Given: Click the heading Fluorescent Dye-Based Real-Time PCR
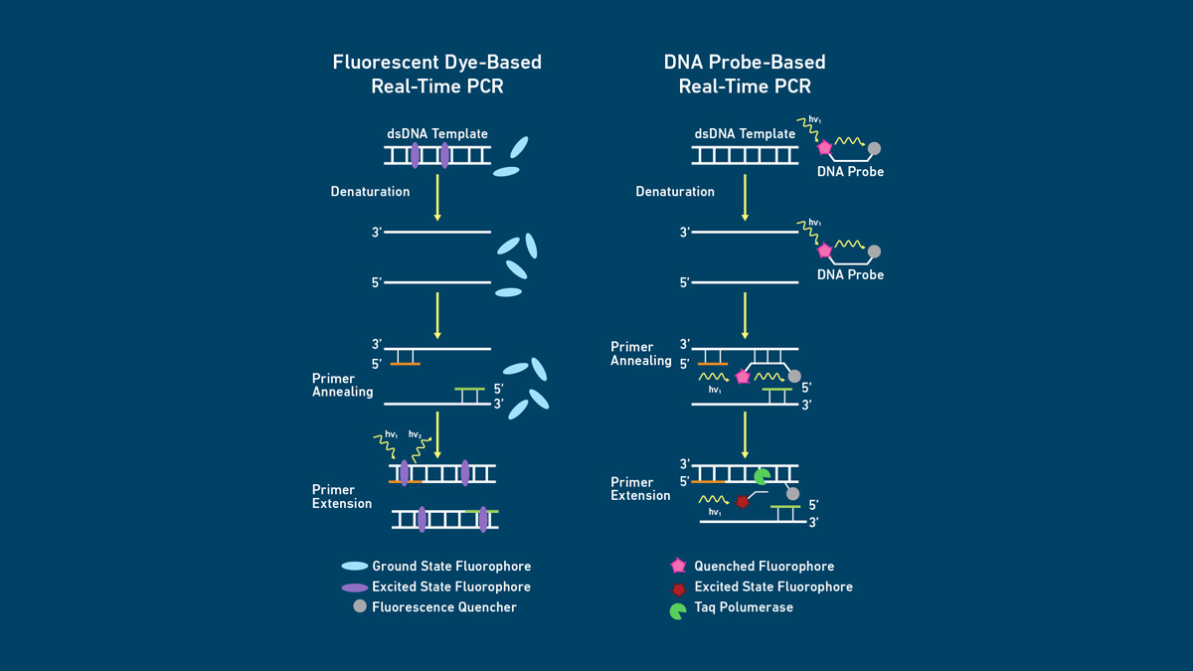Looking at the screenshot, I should click(x=437, y=75).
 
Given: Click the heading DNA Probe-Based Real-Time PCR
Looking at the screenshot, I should click(x=745, y=75).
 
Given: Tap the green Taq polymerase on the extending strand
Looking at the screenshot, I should click(x=762, y=477).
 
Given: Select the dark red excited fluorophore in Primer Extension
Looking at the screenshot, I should click(x=742, y=502).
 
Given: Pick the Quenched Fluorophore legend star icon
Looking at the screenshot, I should click(x=678, y=566).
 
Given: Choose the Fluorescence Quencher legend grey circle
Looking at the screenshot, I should click(x=360, y=605).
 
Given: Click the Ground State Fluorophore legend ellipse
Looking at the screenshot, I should click(x=355, y=566).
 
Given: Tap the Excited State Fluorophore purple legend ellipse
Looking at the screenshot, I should click(x=355, y=587).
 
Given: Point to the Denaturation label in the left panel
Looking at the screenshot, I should click(x=370, y=192).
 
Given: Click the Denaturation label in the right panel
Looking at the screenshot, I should click(x=675, y=192).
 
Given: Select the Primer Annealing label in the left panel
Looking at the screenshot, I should click(x=342, y=386).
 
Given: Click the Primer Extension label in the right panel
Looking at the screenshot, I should click(x=640, y=489).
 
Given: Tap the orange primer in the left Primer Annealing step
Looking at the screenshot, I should click(x=405, y=364).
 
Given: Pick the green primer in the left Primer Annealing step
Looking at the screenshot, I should click(x=470, y=389).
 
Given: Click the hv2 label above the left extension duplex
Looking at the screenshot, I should click(x=416, y=434).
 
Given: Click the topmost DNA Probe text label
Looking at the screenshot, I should click(x=850, y=172).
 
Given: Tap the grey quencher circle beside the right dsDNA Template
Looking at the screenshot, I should click(x=874, y=149).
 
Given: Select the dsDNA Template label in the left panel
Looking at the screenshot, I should click(x=437, y=134).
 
